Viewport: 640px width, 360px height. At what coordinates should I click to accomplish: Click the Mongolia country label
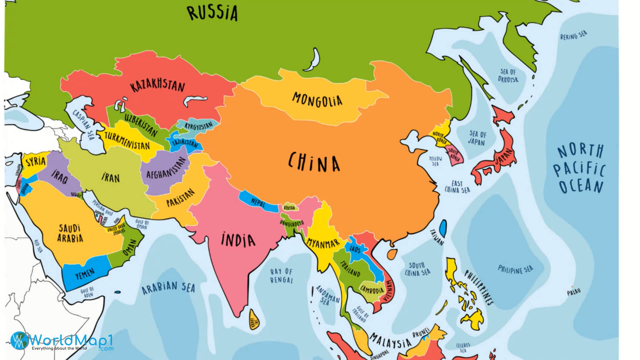(317, 99)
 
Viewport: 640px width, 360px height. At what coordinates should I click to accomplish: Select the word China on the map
(314, 163)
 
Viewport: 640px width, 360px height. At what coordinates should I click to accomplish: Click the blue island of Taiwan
(443, 228)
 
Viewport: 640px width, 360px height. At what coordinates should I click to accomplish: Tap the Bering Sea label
(573, 35)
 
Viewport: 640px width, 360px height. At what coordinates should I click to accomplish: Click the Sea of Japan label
(477, 138)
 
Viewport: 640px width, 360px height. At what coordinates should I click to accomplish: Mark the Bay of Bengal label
(281, 276)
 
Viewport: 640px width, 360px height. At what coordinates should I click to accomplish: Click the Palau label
(574, 292)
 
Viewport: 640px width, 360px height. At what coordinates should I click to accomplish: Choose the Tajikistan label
(185, 143)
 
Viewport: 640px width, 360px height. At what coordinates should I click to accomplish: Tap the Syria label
(36, 162)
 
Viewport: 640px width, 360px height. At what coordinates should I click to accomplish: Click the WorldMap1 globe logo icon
(19, 341)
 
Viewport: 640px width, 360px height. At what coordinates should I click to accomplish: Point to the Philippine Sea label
(515, 269)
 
